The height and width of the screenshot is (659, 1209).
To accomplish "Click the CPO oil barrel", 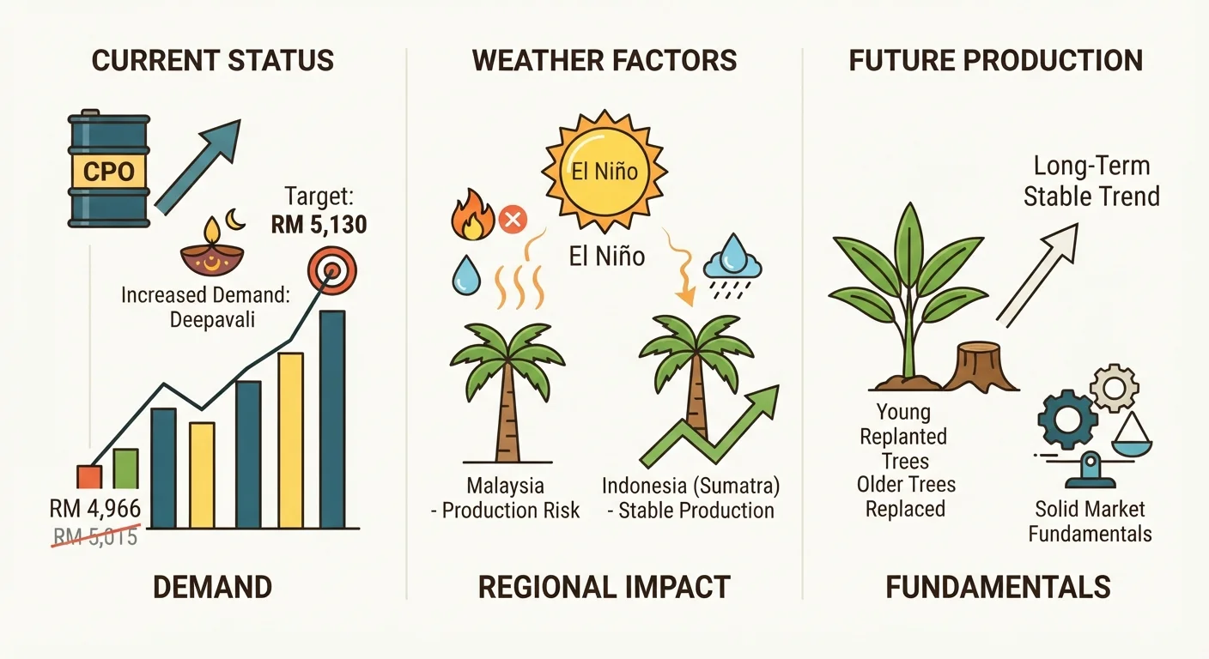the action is [108, 168].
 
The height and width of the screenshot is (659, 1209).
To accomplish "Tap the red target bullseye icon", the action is [332, 270].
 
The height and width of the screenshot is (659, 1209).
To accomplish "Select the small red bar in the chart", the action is [89, 477].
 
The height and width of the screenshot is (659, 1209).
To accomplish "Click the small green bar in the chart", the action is [125, 469].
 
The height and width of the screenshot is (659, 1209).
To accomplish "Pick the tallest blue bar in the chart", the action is [332, 419].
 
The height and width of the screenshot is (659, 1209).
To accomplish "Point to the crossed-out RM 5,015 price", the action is [95, 536].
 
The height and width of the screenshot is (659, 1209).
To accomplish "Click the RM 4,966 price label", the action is [95, 509].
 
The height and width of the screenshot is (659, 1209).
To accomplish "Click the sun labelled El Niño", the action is [604, 171].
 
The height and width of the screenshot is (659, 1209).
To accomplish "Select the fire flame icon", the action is [472, 215].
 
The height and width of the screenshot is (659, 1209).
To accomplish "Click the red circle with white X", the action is [513, 220].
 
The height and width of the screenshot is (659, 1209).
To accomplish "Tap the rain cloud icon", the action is [732, 266].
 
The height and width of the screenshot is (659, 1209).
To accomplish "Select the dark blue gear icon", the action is [1067, 420].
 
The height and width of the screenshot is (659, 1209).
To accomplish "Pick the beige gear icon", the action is [1114, 389].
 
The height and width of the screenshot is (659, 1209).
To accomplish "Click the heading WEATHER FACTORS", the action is [604, 60].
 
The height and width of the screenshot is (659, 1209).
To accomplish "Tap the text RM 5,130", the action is [319, 224].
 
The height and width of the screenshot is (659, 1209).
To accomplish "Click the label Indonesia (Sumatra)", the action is [691, 486].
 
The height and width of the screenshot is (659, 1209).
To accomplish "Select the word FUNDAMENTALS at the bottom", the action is [998, 587].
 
